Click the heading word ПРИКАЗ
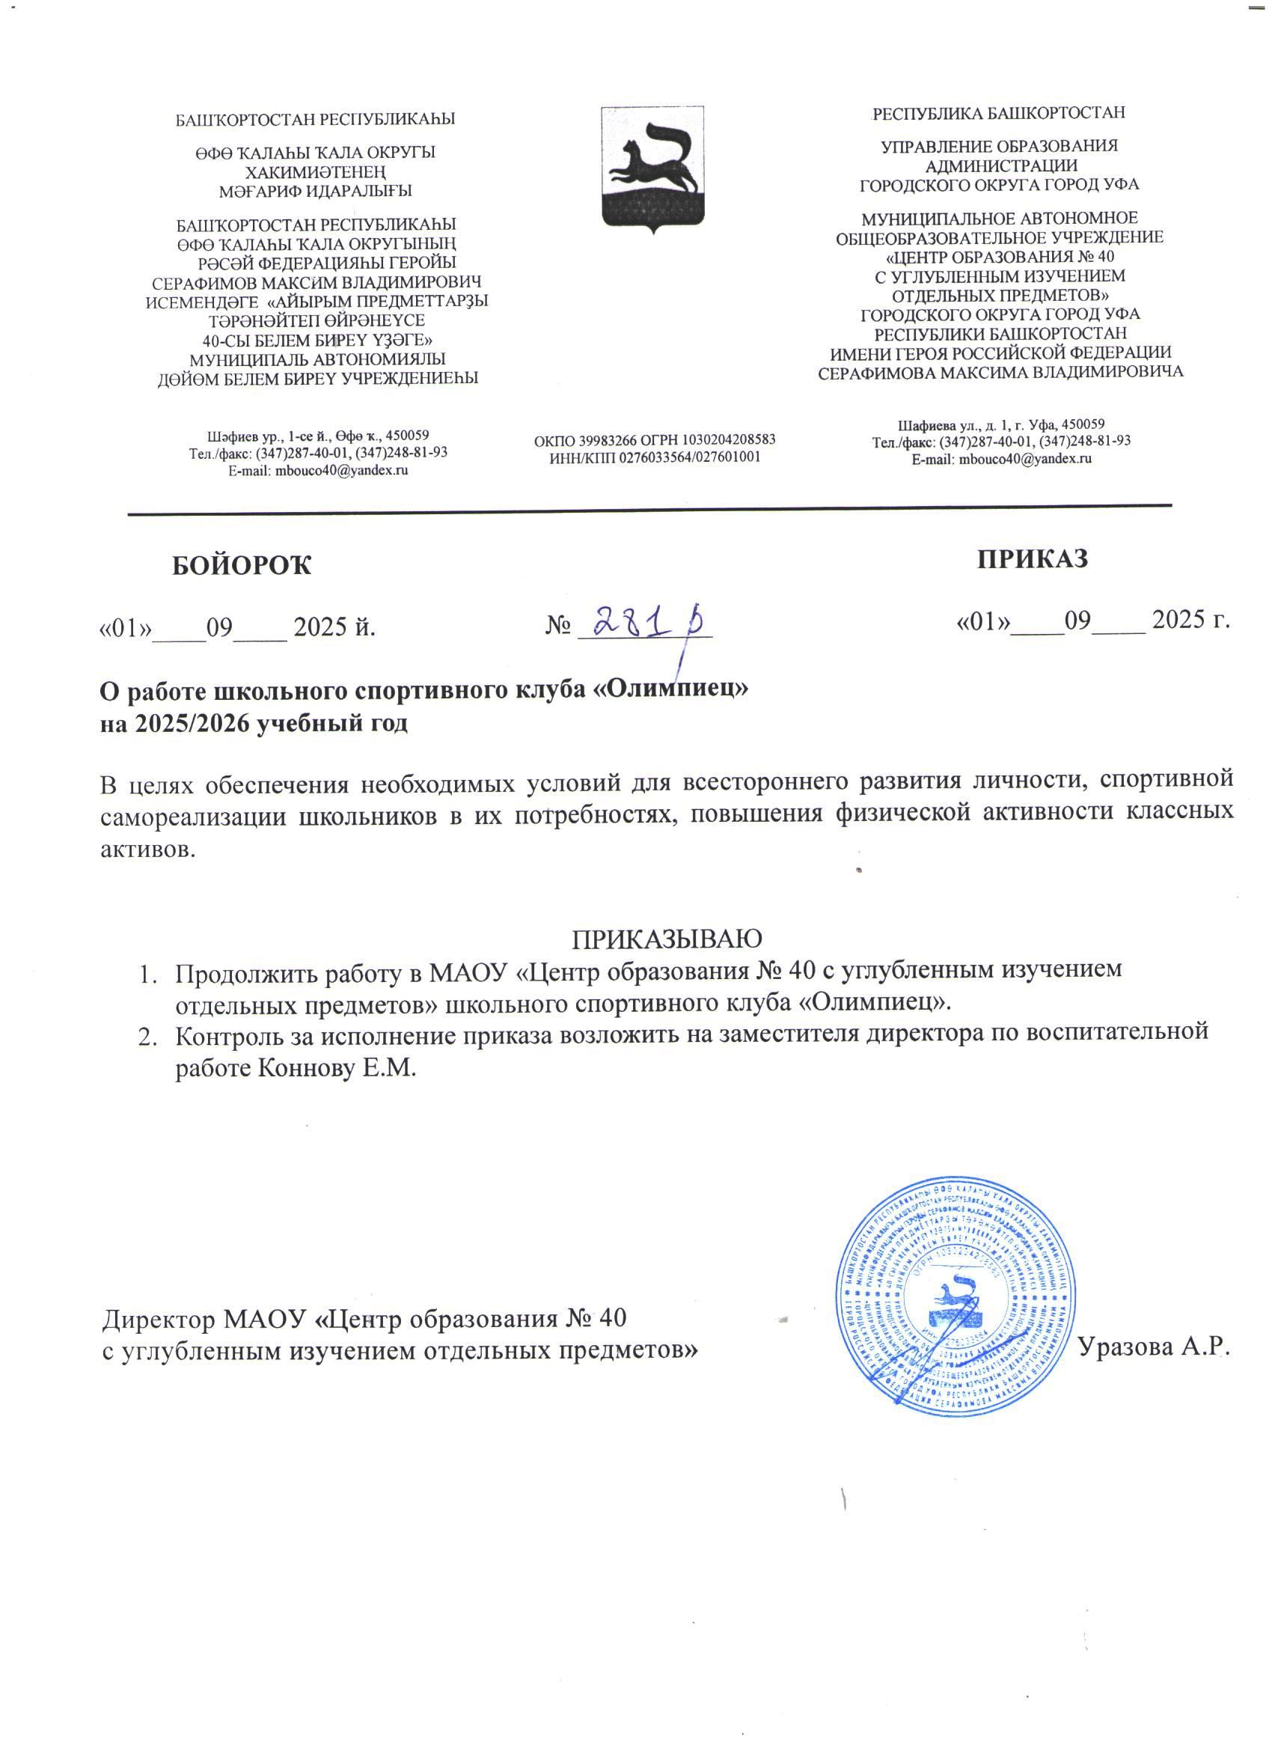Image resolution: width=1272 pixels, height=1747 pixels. (x=1033, y=558)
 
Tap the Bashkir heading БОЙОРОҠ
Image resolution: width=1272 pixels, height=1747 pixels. (x=241, y=565)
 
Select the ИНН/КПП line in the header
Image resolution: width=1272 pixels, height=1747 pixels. (x=655, y=457)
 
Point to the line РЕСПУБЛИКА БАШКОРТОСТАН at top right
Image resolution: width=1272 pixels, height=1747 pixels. (x=999, y=113)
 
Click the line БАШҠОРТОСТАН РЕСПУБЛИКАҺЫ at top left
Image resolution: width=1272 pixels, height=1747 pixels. (x=317, y=120)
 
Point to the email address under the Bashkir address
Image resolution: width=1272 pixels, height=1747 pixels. (x=318, y=470)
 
